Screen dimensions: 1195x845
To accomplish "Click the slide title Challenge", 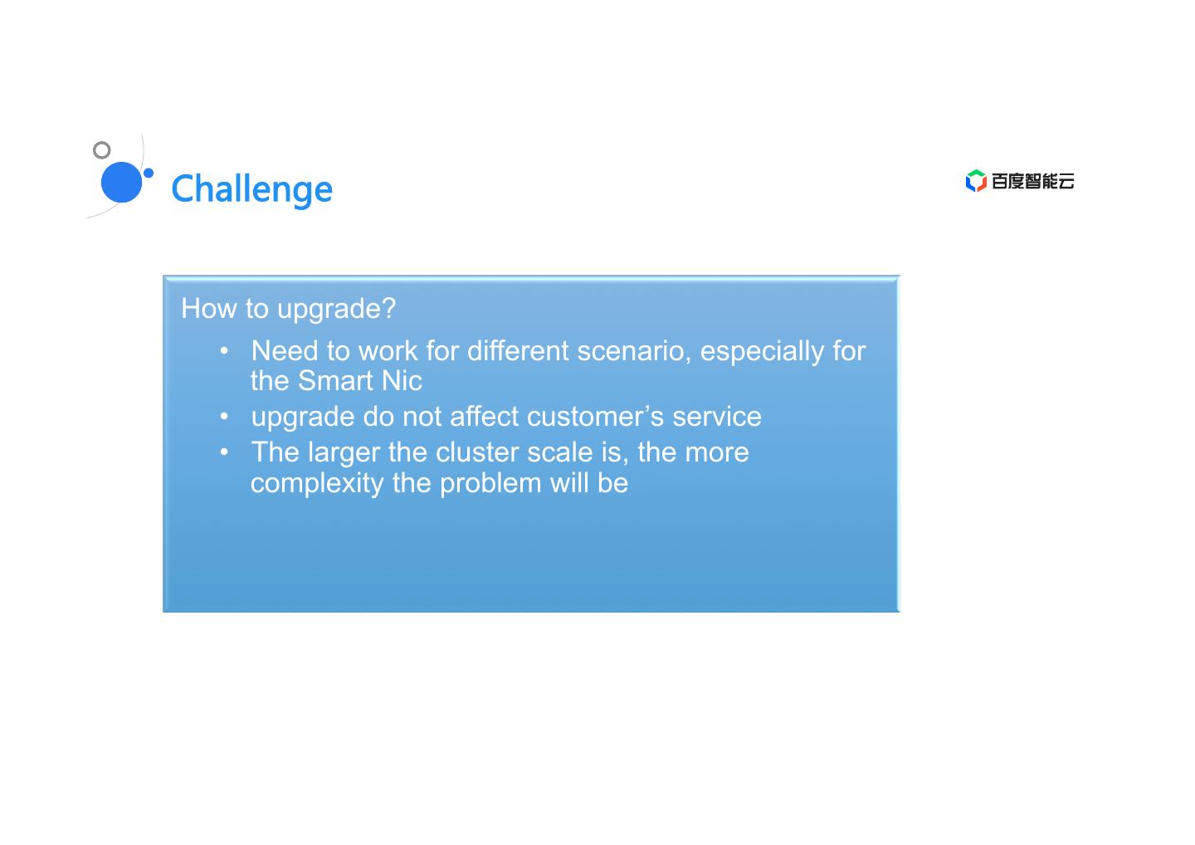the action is pos(251,190).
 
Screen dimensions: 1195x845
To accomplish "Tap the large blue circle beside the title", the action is pos(122,182).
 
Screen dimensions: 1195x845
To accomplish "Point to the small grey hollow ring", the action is pos(102,150).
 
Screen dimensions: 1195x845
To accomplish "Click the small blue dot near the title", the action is pos(149,173).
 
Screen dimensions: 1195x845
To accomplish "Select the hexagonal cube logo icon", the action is pos(976,181).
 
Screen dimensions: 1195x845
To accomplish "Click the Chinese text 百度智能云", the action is pos(1033,182).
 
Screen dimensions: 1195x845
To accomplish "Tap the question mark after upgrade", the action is pos(389,308).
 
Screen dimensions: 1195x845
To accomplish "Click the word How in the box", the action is pos(208,308).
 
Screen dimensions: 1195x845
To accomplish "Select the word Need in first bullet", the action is pos(285,350).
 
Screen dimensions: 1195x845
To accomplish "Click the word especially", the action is pos(762,352).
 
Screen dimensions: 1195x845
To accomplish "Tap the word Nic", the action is pos(402,380).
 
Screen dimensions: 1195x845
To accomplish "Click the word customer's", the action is pos(595,417).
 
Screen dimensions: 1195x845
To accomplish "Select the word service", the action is pos(716,417).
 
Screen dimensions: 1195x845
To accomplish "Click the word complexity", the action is pos(317,484).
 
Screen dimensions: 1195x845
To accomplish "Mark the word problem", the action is pos(490,484).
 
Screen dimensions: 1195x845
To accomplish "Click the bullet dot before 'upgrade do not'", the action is pos(224,416).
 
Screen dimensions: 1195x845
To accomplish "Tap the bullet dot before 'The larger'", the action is pos(224,452).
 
